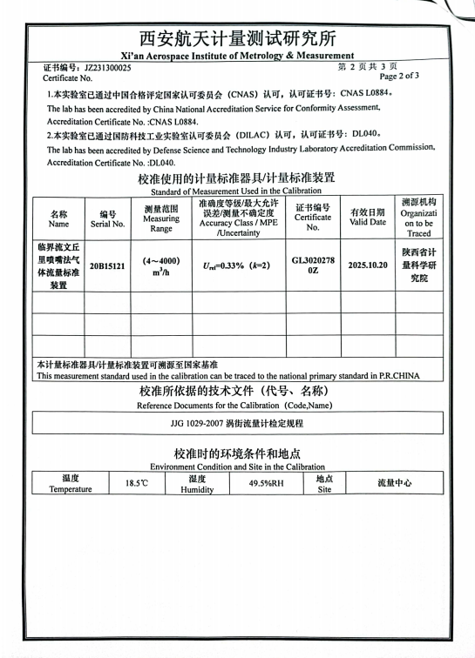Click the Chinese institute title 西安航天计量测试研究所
coord(237,39)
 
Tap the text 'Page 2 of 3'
coord(401,77)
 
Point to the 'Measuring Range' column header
coord(161,218)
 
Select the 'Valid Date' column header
coord(368,218)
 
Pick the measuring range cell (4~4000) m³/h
coord(161,266)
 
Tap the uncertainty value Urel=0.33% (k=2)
coord(236,265)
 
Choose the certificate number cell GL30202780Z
coord(313,265)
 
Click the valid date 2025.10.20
coord(368,265)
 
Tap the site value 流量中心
coord(395,482)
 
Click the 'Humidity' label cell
coord(197,483)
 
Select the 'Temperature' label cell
coord(71,483)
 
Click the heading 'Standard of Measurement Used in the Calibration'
coord(236,191)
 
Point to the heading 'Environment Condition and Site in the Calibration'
coord(237,467)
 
